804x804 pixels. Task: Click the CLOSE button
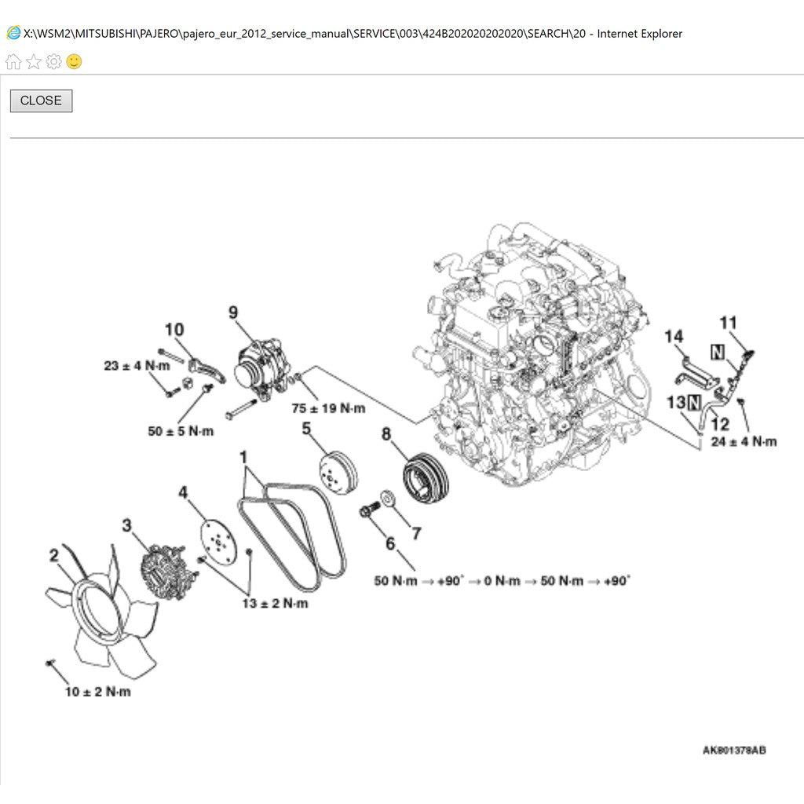pos(41,100)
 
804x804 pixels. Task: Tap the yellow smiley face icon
pos(75,61)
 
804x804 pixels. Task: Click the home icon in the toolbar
pos(13,61)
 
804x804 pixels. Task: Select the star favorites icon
pos(33,61)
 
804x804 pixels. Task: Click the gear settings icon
pos(54,61)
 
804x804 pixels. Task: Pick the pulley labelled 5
pos(338,473)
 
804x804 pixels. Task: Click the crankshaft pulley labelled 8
pos(425,479)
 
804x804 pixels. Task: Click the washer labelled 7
pos(388,498)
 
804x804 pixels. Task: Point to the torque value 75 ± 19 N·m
pos(328,408)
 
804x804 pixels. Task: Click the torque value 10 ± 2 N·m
pos(98,692)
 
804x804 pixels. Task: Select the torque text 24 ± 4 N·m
pos(744,441)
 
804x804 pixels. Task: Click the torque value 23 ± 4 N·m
pos(137,366)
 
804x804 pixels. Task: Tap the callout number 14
pos(674,336)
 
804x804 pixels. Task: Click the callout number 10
pos(174,329)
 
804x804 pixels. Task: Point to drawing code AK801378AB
pos(734,750)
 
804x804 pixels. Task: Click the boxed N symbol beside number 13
pos(694,403)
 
